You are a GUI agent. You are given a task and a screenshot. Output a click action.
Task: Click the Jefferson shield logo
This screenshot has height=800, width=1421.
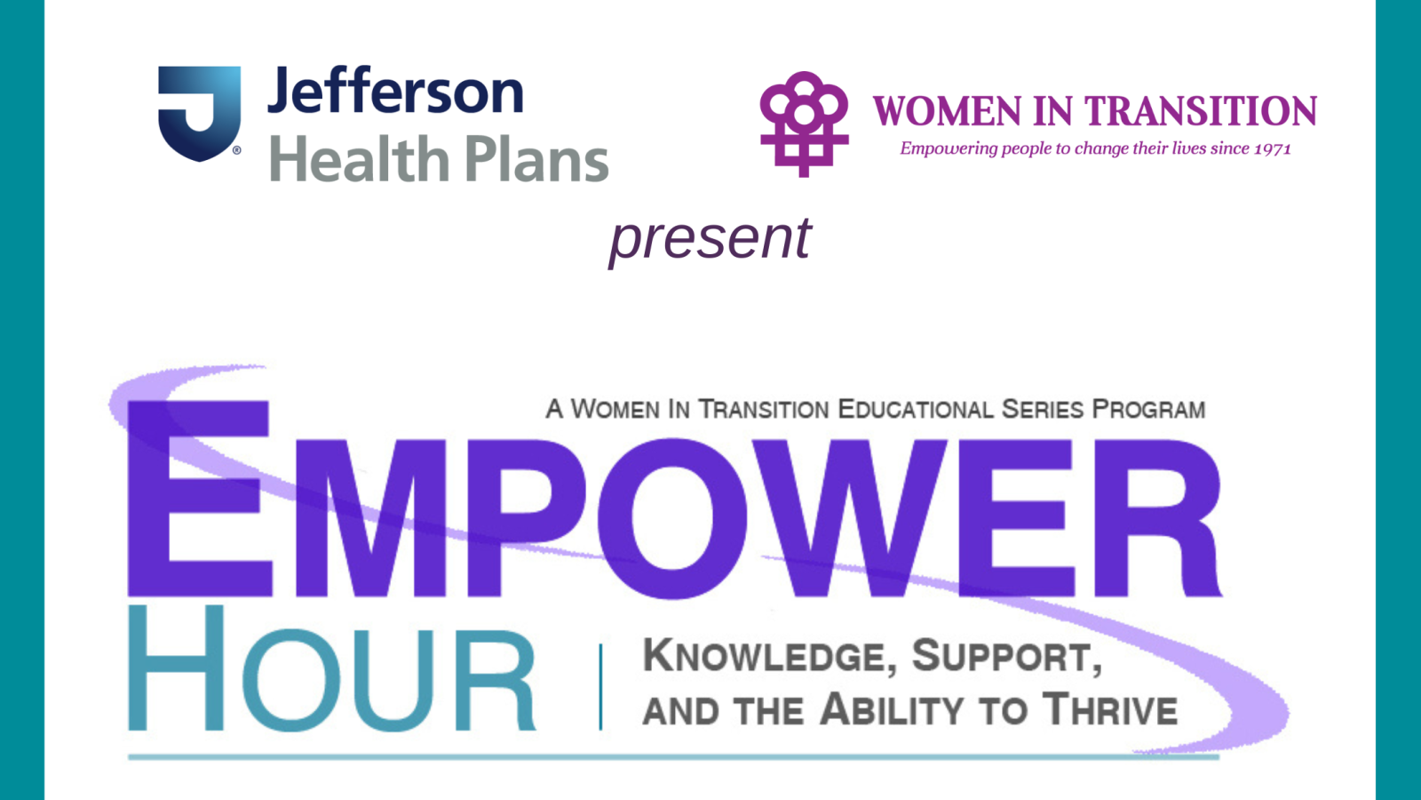pos(199,112)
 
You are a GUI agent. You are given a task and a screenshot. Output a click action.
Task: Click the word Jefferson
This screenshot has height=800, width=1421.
pos(395,92)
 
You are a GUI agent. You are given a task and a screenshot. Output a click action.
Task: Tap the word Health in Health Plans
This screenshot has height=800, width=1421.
pos(358,160)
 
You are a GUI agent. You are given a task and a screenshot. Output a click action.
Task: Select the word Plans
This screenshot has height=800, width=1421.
pos(536,160)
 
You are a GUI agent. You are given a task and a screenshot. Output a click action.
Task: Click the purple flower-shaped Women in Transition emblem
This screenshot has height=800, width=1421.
pos(804,123)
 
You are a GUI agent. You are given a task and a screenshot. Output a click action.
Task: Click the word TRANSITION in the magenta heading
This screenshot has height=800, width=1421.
pos(1202,112)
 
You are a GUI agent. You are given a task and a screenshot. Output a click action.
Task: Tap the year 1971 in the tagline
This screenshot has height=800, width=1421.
pos(1272,149)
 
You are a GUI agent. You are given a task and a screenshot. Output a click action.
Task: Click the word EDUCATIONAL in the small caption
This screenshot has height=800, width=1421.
pos(915,410)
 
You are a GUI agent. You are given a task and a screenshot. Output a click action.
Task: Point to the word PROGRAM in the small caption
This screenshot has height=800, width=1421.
pos(1148,410)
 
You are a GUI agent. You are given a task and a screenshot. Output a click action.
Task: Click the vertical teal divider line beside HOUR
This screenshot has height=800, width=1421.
pos(601,687)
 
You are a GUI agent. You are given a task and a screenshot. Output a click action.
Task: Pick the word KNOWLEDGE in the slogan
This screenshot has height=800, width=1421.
pos(764,657)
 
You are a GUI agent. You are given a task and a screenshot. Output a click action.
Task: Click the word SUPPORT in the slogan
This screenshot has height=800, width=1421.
pos(1006,657)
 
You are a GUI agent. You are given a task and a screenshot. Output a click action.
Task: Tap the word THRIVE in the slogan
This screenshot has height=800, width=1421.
pos(1110,710)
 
